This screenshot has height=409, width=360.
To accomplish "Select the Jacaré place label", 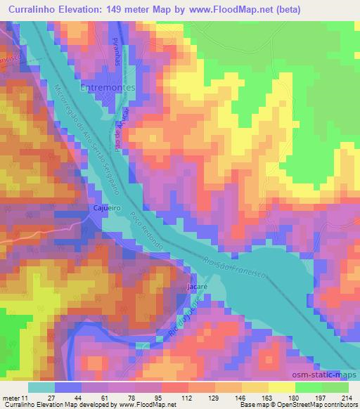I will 195,288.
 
